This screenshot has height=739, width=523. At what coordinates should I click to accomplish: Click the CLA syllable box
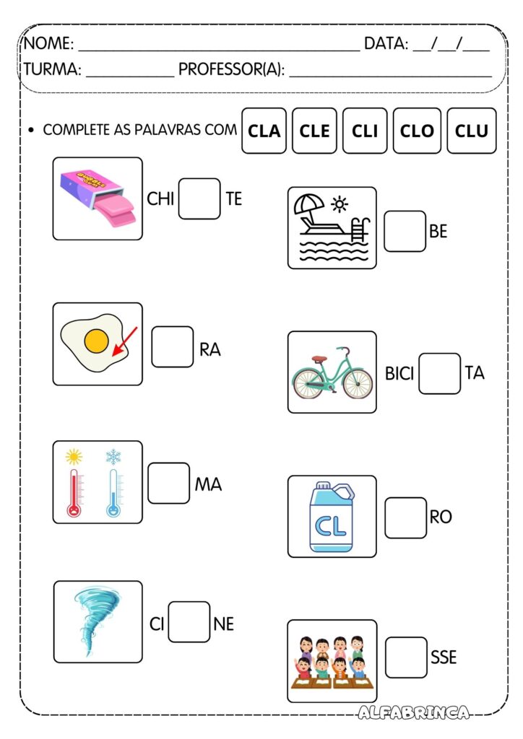tap(264, 131)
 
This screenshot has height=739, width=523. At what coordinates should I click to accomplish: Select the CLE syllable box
tap(314, 131)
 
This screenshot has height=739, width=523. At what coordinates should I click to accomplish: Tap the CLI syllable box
tap(365, 131)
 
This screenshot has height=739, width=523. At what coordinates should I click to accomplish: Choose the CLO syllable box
tap(417, 131)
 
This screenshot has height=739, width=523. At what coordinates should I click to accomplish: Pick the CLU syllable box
tap(471, 131)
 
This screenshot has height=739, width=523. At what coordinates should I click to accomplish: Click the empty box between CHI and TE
tap(199, 198)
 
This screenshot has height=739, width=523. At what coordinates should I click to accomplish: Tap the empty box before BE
tap(405, 231)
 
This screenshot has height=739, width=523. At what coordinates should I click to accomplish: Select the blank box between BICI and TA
tap(439, 373)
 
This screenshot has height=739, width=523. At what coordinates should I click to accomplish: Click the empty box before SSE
tap(406, 657)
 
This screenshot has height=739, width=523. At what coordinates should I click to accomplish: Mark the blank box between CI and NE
tap(189, 622)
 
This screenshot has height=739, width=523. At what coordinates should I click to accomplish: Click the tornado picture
tap(96, 621)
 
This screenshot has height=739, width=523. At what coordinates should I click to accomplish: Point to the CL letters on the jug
tap(331, 523)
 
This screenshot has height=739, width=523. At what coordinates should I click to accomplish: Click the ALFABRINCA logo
tap(414, 712)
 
